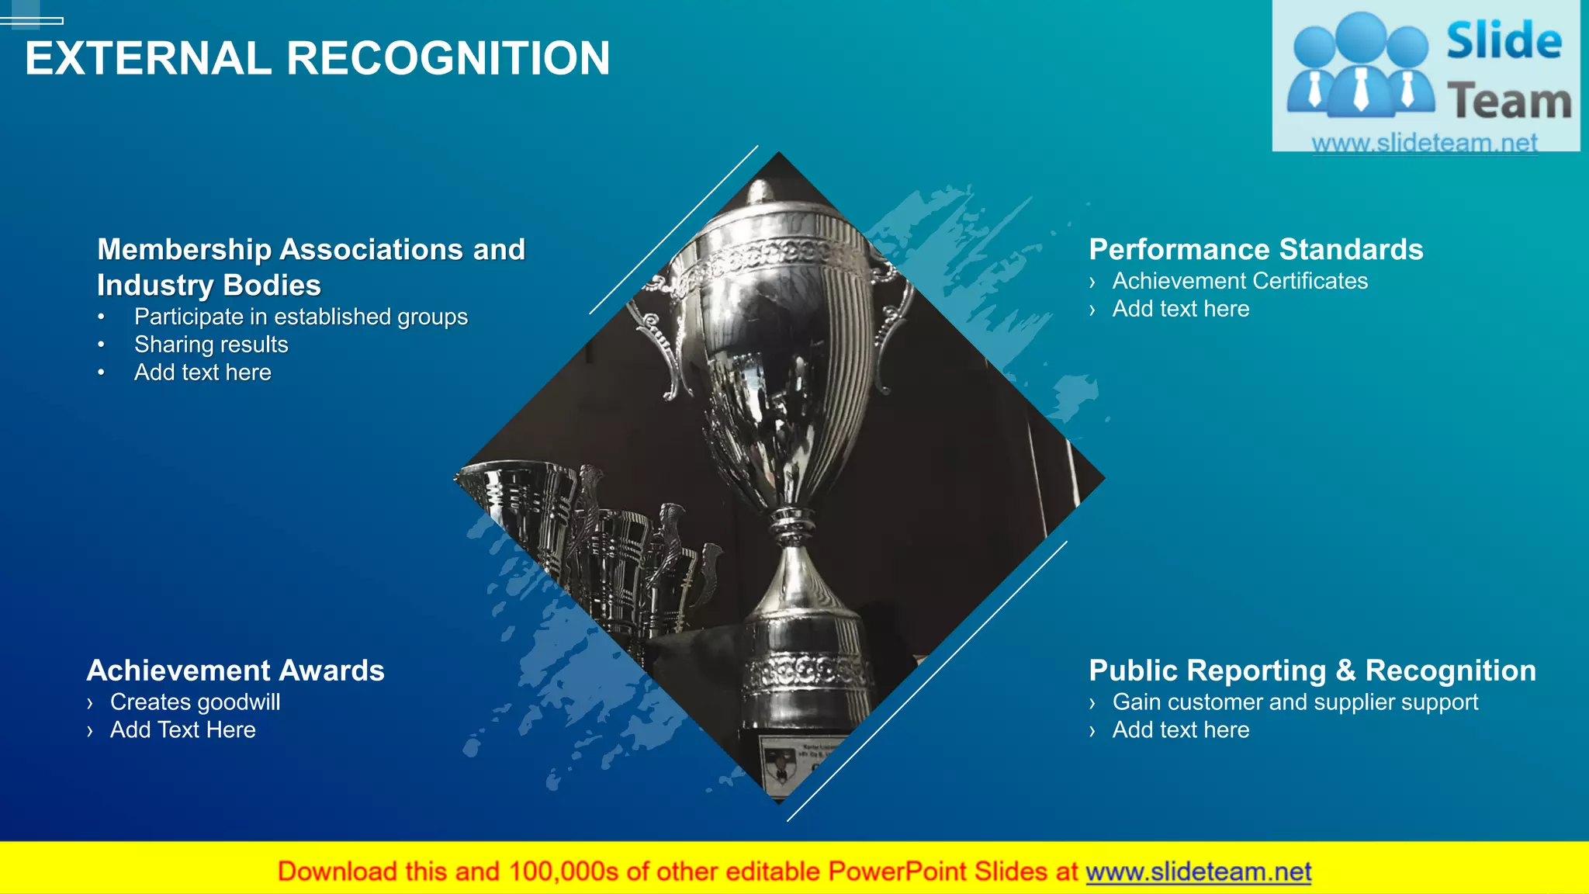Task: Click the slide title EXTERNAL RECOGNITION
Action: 317,59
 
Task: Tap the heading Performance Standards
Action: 1255,250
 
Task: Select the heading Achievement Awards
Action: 235,670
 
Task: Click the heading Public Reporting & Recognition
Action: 1312,670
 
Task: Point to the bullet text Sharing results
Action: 211,345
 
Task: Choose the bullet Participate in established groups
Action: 301,317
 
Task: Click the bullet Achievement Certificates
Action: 1240,281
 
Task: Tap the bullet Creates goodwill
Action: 195,702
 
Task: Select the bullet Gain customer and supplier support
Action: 1295,702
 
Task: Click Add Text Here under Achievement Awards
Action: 182,730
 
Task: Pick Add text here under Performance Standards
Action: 1180,309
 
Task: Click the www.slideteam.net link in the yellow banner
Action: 1198,872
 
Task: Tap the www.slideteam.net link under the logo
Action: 1424,143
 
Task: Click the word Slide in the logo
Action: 1504,41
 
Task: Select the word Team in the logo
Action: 1508,102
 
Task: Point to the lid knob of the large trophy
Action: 760,189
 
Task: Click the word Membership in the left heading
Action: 184,250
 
